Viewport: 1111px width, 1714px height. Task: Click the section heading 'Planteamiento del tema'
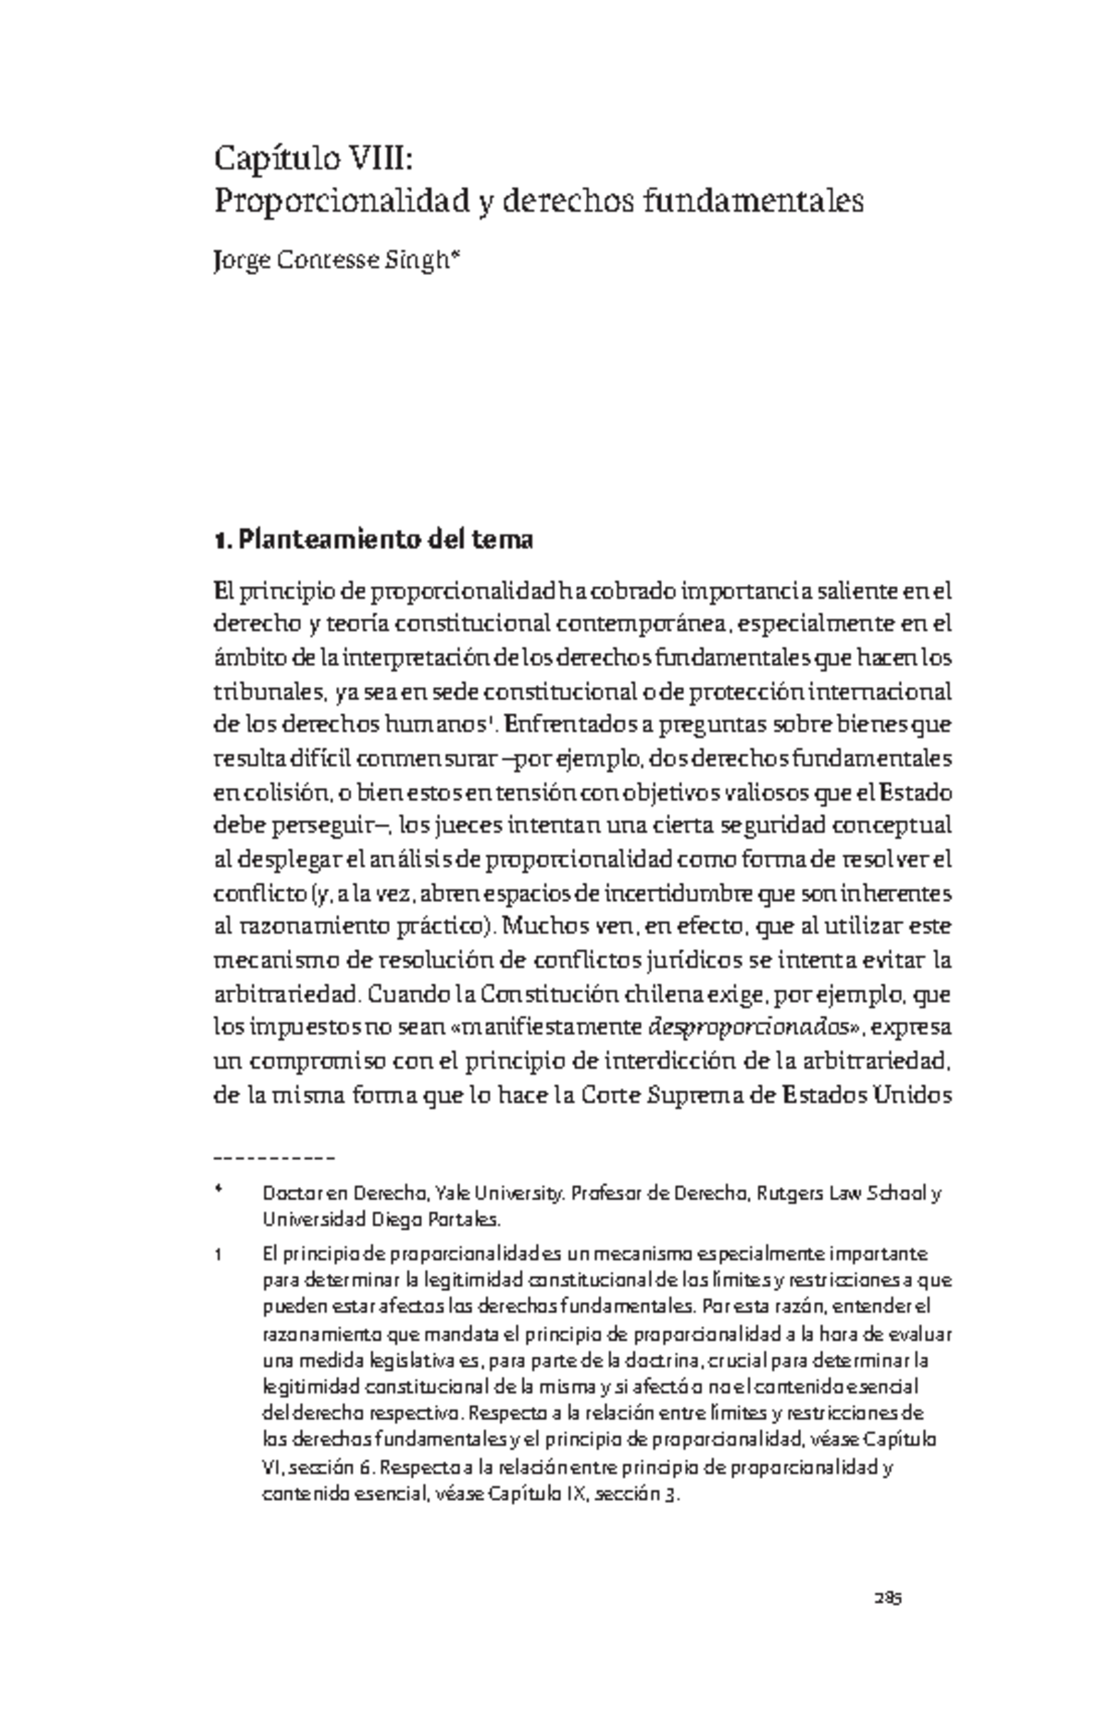pos(386,540)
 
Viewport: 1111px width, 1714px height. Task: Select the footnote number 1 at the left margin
pos(218,1256)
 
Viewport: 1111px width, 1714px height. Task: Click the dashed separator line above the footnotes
pos(274,1157)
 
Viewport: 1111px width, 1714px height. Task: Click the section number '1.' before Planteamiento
pos(221,540)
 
